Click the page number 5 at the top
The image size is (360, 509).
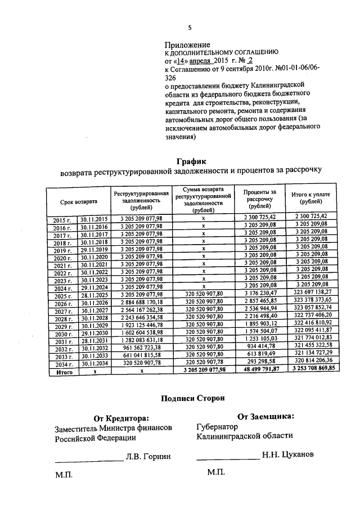pyautogui.click(x=190, y=28)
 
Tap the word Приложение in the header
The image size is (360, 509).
pyautogui.click(x=187, y=44)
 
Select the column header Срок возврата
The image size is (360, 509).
pyautogui.click(x=79, y=201)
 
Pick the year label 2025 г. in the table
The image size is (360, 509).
pyautogui.click(x=64, y=296)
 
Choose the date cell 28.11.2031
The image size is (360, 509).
pyautogui.click(x=94, y=341)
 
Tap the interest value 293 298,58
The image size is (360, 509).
pyautogui.click(x=260, y=361)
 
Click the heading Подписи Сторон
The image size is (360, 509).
pyautogui.click(x=192, y=398)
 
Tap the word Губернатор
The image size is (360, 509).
pyautogui.click(x=218, y=426)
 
